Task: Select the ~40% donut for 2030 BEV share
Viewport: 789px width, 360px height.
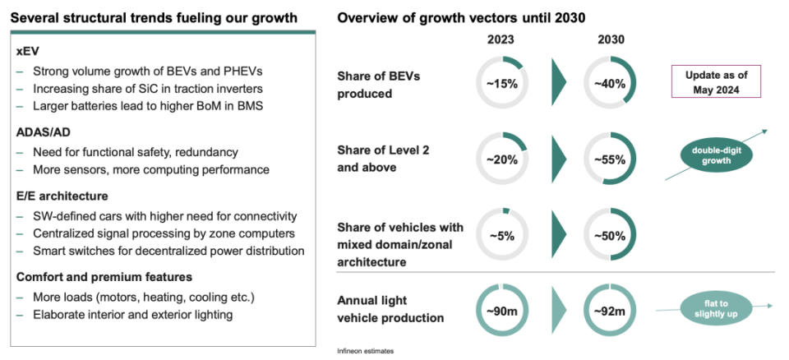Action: pyautogui.click(x=609, y=82)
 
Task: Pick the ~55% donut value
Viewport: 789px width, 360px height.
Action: pyautogui.click(x=609, y=159)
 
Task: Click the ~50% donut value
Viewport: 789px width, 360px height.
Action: pyautogui.click(x=609, y=235)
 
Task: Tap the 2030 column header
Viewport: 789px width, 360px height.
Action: pyautogui.click(x=609, y=40)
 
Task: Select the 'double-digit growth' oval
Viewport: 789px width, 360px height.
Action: pyautogui.click(x=716, y=154)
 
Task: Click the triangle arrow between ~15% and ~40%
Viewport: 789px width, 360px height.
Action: pyautogui.click(x=558, y=82)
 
